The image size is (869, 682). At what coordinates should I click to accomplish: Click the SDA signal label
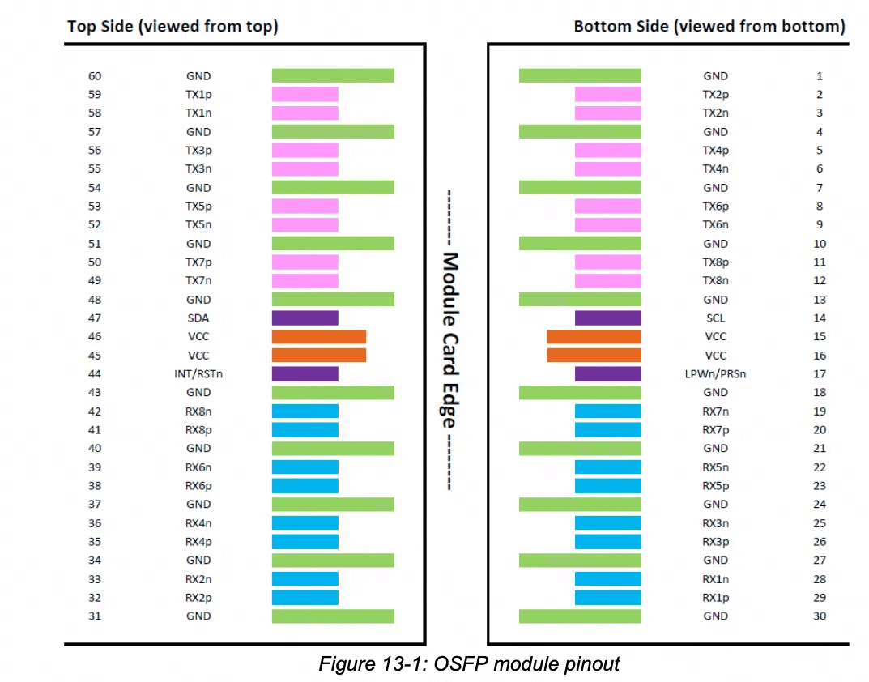(x=198, y=318)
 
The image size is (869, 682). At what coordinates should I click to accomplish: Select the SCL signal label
(x=715, y=318)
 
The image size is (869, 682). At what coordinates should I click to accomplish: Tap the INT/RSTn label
(x=198, y=374)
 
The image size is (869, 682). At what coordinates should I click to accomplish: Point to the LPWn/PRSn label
(x=715, y=374)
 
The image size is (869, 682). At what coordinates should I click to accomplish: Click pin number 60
(x=95, y=76)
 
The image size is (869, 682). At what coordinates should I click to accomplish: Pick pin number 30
(x=820, y=616)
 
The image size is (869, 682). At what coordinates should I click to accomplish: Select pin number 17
(x=820, y=374)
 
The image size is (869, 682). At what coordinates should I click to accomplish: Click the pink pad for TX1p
(x=305, y=95)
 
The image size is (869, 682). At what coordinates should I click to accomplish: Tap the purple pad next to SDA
(x=305, y=318)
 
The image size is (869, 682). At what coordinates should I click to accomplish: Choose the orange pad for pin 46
(x=318, y=337)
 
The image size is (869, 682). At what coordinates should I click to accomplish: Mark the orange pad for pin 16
(x=594, y=356)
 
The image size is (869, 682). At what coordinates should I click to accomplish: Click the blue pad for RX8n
(x=305, y=411)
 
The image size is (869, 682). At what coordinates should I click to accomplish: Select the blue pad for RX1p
(x=607, y=598)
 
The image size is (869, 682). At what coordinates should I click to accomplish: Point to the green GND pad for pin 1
(x=580, y=76)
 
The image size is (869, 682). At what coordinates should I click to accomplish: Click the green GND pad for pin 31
(x=332, y=616)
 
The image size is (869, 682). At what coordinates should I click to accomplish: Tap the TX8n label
(x=715, y=281)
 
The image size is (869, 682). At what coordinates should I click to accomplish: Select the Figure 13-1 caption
(x=469, y=664)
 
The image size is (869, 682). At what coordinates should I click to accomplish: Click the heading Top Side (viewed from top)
(x=173, y=26)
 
